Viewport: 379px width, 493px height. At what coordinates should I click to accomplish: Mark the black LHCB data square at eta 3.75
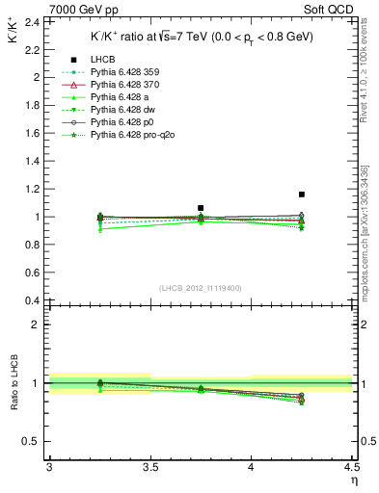click(x=201, y=208)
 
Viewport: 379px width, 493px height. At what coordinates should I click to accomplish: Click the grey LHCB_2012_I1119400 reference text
click(x=201, y=288)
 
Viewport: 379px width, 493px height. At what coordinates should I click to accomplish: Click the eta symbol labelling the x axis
click(x=354, y=481)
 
